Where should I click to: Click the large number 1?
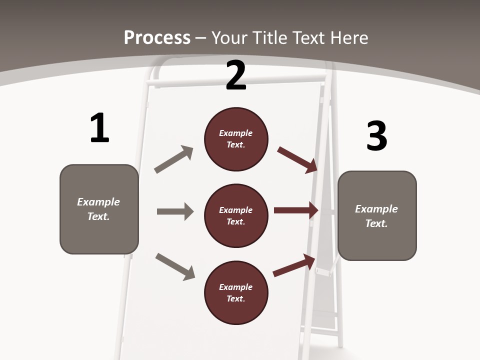pyautogui.click(x=99, y=128)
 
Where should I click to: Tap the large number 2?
pyautogui.click(x=236, y=76)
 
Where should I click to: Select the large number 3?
pyautogui.click(x=376, y=136)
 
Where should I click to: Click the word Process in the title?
pyautogui.click(x=157, y=37)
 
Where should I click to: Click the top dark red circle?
pyautogui.click(x=236, y=139)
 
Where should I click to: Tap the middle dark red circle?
pyautogui.click(x=236, y=215)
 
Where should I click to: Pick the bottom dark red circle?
pyautogui.click(x=236, y=292)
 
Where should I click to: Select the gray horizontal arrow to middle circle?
pyautogui.click(x=175, y=211)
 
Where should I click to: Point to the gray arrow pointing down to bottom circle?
pyautogui.click(x=175, y=266)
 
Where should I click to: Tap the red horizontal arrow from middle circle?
pyautogui.click(x=296, y=210)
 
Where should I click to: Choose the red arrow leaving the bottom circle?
pyautogui.click(x=294, y=265)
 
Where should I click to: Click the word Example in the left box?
pyautogui.click(x=98, y=202)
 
